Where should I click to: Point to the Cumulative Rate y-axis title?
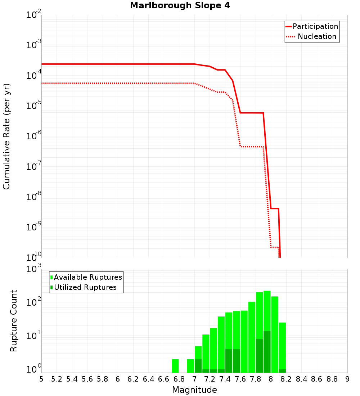[6, 136]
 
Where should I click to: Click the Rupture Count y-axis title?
[14, 321]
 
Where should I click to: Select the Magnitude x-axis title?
[194, 390]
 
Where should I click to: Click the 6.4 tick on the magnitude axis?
[148, 379]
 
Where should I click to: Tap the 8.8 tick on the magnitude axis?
[332, 379]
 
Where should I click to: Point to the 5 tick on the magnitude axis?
[41, 379]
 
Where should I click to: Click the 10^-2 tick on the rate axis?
[34, 15]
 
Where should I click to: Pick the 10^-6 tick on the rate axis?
[34, 136]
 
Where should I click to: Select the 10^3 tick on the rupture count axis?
[34, 269]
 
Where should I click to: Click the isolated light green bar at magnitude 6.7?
[175, 366]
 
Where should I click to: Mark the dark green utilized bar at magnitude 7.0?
[198, 366]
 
